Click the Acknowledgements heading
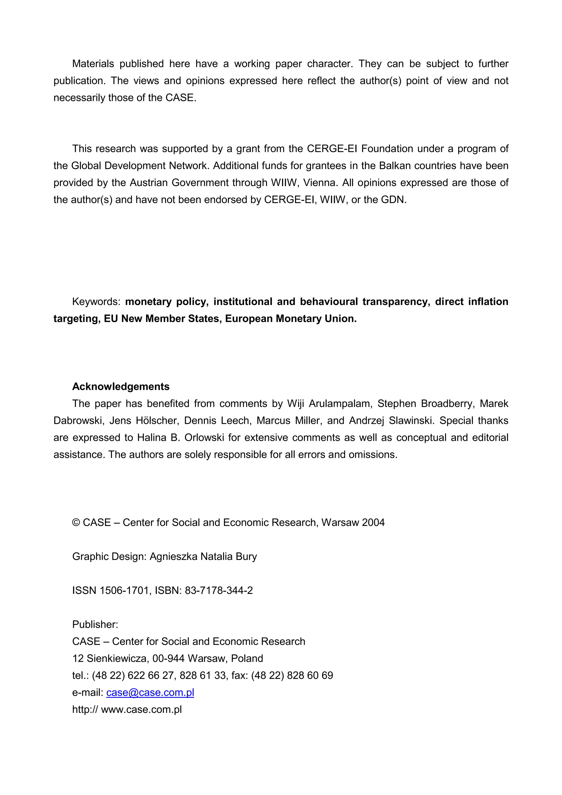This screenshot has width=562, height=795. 120,387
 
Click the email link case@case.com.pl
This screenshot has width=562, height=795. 150,692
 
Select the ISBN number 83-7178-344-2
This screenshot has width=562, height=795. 218,590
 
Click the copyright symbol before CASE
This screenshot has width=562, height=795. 76,523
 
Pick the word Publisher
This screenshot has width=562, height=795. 95,624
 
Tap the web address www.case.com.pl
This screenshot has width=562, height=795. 141,709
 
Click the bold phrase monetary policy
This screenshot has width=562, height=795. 167,301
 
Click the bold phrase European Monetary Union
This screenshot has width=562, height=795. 291,318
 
